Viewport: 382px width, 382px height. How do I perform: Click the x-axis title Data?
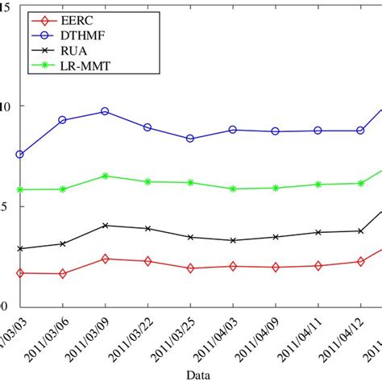point(199,375)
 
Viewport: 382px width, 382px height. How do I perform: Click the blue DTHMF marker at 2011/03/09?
point(105,111)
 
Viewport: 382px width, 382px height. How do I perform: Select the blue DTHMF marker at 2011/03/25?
point(190,139)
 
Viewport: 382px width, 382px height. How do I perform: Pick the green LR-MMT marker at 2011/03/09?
point(105,176)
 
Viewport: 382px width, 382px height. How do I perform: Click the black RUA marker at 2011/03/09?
point(105,226)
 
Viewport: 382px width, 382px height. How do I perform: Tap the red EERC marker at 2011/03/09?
point(105,259)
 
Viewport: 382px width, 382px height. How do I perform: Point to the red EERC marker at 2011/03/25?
point(190,268)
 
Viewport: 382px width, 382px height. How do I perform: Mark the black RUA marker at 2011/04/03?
point(233,241)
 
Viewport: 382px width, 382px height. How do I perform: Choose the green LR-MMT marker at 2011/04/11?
point(318,185)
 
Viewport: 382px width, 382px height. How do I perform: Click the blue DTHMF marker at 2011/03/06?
point(62,120)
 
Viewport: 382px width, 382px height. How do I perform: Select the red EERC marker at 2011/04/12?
point(361,261)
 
